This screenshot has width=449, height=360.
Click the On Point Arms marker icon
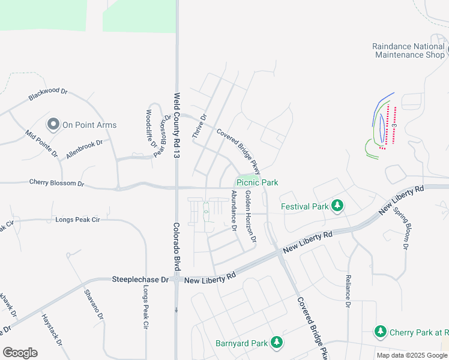[53, 124]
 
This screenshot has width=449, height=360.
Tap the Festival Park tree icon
[337, 206]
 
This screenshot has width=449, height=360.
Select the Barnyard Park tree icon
[277, 343]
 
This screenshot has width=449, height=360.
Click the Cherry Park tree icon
[380, 331]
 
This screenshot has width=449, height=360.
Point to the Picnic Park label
[257, 182]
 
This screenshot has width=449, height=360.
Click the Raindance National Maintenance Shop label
[409, 50]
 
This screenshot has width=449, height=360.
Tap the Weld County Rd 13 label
[177, 125]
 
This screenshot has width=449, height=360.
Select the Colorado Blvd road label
[177, 246]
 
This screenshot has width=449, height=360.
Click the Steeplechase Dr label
[140, 280]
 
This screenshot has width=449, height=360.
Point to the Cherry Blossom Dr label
[56, 182]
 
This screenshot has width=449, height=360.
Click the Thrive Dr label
[199, 127]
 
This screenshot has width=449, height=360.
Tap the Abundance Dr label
[234, 211]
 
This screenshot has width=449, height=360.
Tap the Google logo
[20, 353]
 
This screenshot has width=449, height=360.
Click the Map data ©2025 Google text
[412, 355]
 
